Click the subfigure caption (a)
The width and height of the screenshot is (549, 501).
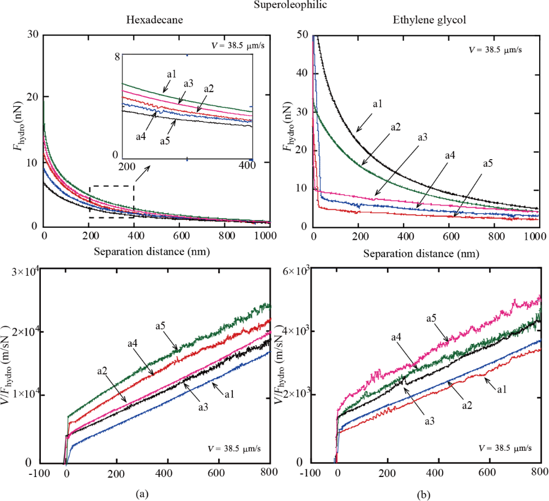(141, 494)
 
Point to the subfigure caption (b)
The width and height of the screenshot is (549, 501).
(424, 494)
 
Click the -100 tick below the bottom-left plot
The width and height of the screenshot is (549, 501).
(40, 472)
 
